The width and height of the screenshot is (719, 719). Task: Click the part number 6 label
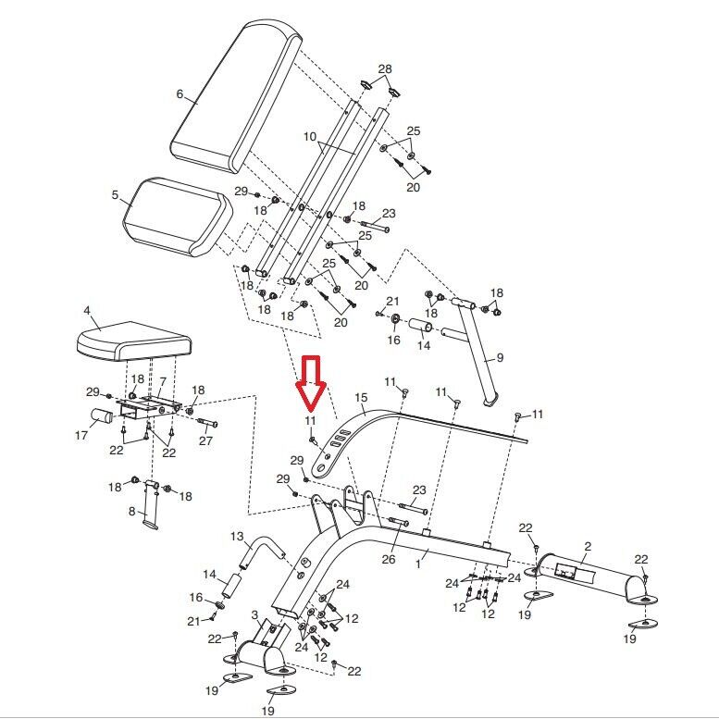(x=180, y=93)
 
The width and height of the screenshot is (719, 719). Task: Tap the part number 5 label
(x=115, y=195)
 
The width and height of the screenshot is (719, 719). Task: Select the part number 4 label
(x=86, y=311)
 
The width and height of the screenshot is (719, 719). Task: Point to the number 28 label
(x=385, y=69)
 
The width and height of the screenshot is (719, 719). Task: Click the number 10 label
(x=309, y=136)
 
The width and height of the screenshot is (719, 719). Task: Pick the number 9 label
(x=500, y=357)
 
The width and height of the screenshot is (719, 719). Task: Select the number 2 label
(x=587, y=547)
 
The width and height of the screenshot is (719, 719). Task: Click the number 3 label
(x=254, y=615)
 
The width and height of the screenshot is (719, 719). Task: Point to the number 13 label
(x=236, y=537)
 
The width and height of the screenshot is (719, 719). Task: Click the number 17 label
(x=81, y=435)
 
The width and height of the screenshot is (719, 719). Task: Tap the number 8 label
(x=130, y=511)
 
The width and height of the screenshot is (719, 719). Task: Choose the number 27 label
(x=205, y=440)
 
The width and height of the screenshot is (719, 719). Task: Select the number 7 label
(x=162, y=381)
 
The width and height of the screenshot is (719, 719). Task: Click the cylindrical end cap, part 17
(x=104, y=415)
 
